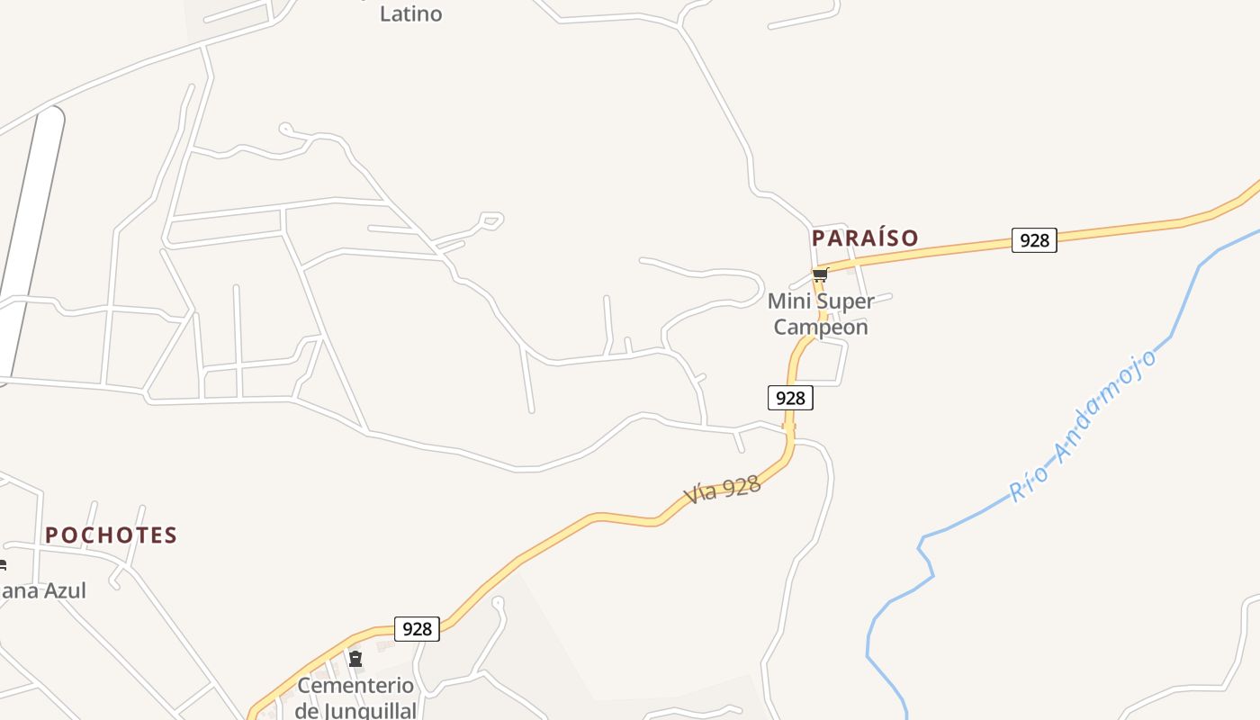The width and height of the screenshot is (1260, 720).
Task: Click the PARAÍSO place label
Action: point(865,238)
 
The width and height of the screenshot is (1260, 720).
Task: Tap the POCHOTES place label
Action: point(111,535)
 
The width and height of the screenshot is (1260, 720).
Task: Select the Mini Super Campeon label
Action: point(821,314)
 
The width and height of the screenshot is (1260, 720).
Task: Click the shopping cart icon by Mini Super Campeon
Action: point(820,275)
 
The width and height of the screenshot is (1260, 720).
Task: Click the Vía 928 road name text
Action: point(723,490)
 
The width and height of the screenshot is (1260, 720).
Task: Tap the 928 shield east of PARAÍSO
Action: point(1034,240)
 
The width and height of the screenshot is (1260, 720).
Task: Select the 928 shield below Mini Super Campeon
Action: point(790,398)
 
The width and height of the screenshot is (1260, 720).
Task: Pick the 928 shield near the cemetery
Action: point(418,628)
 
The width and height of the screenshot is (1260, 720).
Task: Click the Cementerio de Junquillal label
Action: point(355,697)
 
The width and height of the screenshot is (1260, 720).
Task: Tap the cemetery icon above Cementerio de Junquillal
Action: point(355,660)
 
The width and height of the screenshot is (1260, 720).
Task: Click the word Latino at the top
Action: point(410,13)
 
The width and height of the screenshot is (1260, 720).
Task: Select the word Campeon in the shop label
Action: point(821,327)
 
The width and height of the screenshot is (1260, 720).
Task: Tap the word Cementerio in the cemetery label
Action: point(355,686)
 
